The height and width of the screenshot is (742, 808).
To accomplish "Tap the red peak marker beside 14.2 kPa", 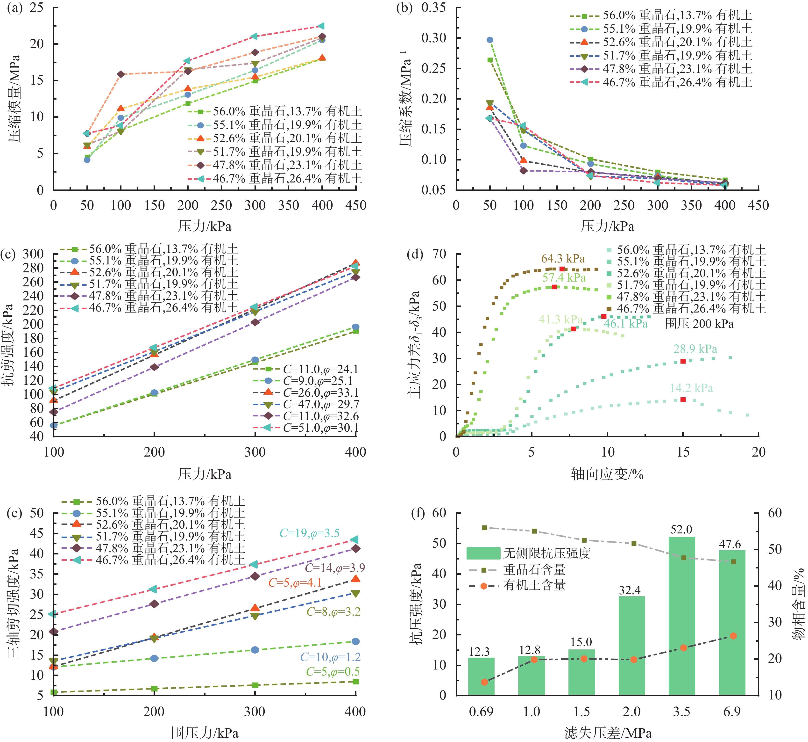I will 683,400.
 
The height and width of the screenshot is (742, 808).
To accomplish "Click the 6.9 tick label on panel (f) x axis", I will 731,712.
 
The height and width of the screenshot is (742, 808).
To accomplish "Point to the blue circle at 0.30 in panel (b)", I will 490,40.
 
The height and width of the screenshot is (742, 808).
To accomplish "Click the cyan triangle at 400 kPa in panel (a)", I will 321,26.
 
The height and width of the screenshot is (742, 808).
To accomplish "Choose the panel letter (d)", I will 414,255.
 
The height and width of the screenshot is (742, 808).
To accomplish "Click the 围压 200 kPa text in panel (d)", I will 699,324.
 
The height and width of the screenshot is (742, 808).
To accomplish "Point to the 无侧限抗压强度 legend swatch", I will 483,553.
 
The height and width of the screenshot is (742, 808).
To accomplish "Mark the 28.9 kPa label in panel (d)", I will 695,349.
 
